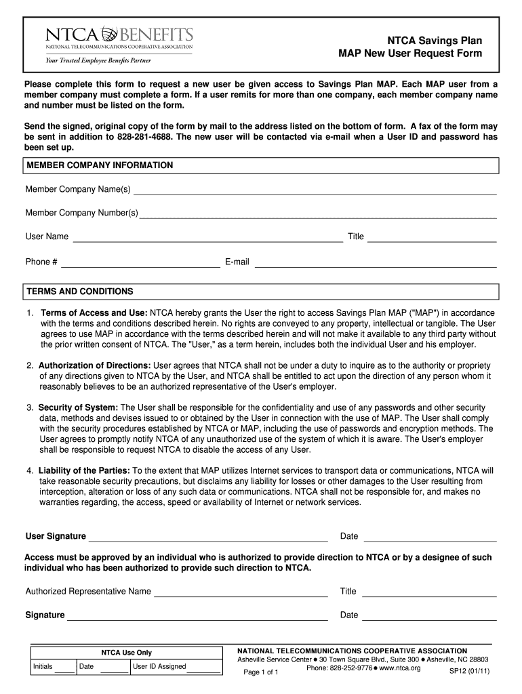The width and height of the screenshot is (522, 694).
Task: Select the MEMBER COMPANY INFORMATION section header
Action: [x=99, y=165]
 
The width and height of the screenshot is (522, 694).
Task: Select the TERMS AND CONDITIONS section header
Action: [x=79, y=291]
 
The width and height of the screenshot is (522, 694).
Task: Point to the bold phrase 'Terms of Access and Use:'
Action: [x=94, y=313]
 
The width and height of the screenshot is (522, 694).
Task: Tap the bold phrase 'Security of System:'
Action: [x=78, y=407]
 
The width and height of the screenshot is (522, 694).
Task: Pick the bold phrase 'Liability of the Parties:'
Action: [x=85, y=470]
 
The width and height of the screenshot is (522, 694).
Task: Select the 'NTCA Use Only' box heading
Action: [x=127, y=653]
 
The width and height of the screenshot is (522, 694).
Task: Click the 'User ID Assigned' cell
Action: [x=176, y=667]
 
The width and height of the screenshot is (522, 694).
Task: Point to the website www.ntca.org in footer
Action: [x=400, y=668]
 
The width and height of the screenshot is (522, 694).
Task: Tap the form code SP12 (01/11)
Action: [x=469, y=672]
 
